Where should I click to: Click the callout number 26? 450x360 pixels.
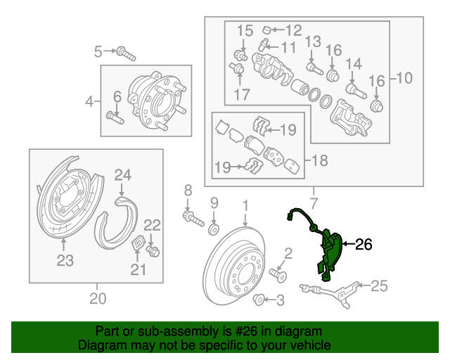(x=363, y=245)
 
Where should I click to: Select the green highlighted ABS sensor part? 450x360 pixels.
(x=329, y=250)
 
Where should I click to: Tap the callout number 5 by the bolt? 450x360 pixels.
(x=98, y=50)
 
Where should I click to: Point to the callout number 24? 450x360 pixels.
(x=122, y=174)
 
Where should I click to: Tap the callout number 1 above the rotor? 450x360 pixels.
(x=245, y=205)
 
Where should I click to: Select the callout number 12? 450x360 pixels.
(x=292, y=30)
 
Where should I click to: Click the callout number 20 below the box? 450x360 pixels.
(x=98, y=299)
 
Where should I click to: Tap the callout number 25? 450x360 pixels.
(x=379, y=285)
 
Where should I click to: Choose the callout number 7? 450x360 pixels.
(x=313, y=204)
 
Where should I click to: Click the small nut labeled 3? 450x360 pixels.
(x=258, y=301)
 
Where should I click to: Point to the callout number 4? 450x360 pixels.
(x=89, y=102)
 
